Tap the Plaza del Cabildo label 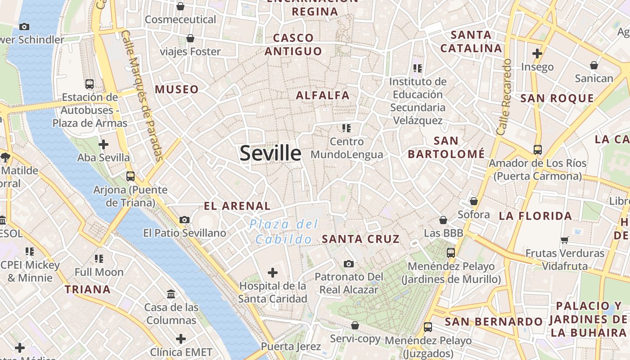(284, 231)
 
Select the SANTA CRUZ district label (360, 239)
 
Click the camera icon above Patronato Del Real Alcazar (348, 264)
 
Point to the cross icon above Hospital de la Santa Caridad (273, 272)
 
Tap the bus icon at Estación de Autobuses (90, 84)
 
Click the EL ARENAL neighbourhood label (237, 206)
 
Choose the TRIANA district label (88, 289)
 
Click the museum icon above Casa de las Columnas (171, 294)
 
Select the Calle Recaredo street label (504, 97)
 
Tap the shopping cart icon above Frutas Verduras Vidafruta (565, 240)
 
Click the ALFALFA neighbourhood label (323, 95)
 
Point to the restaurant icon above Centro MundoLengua (346, 128)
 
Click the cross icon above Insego (537, 54)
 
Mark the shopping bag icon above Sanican (594, 65)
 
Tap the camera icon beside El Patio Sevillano (184, 220)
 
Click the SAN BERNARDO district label (494, 322)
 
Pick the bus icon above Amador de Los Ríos (537, 149)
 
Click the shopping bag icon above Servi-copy (355, 325)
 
